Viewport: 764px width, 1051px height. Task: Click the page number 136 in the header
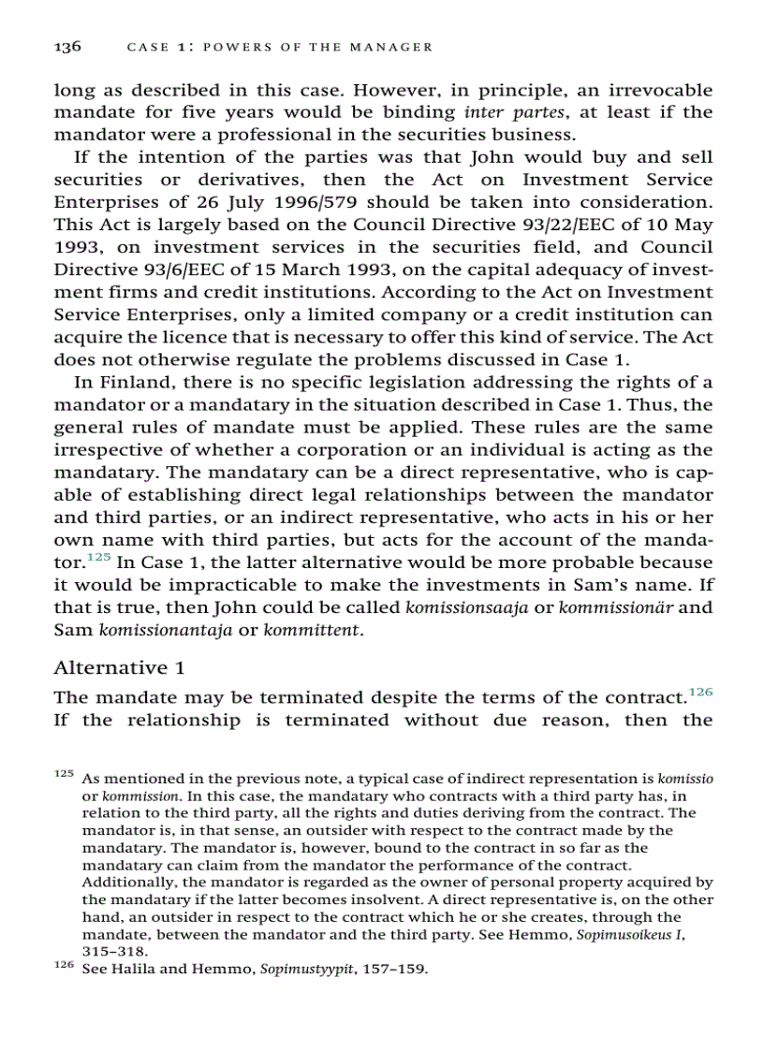pyautogui.click(x=67, y=46)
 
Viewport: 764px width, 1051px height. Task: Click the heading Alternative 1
pyautogui.click(x=119, y=667)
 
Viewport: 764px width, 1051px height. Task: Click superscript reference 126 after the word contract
pyautogui.click(x=699, y=691)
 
